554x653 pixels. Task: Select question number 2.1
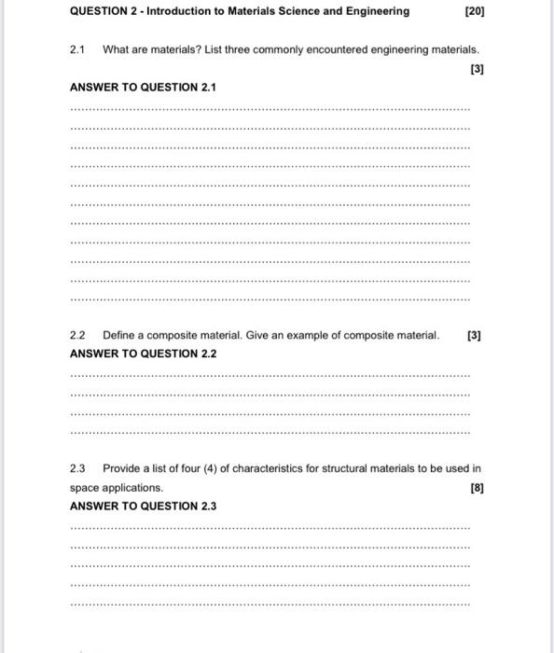point(77,49)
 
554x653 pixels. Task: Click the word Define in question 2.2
point(119,335)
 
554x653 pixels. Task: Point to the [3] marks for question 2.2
point(474,335)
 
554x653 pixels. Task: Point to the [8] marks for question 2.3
point(478,487)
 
